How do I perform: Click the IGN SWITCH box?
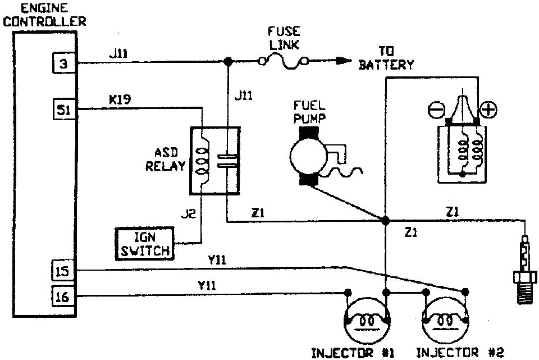point(145,244)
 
